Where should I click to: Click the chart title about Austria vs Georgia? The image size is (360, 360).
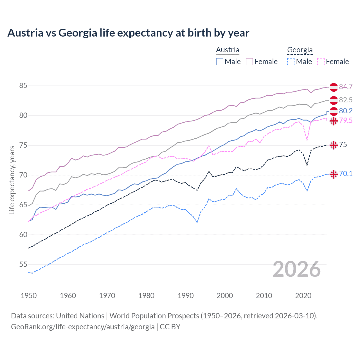(x=128, y=33)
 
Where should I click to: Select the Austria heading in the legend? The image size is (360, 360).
(x=228, y=50)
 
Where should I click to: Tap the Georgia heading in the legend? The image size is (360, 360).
(x=300, y=50)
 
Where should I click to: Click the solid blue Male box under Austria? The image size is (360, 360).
(x=220, y=62)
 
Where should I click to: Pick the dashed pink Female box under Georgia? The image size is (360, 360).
(x=321, y=62)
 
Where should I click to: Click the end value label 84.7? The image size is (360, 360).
(x=346, y=87)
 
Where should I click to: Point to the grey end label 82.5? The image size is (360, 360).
(x=346, y=100)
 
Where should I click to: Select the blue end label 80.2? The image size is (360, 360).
(x=346, y=111)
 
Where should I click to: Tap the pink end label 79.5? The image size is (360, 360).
(x=346, y=120)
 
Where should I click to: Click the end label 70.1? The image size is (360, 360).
(x=346, y=174)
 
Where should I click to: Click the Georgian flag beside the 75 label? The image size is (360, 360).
(x=334, y=145)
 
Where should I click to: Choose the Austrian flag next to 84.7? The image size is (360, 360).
(x=334, y=87)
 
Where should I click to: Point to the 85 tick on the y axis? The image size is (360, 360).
(x=23, y=85)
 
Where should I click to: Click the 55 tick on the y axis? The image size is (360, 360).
(x=23, y=264)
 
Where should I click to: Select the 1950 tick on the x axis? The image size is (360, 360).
(x=29, y=296)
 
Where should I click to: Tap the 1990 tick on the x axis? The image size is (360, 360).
(x=186, y=296)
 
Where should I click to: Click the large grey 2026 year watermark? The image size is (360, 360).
(x=297, y=269)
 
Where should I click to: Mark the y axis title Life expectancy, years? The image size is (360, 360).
(x=12, y=180)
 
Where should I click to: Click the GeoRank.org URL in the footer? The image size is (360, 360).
(x=83, y=327)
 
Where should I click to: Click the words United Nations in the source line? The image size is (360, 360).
(x=80, y=316)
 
